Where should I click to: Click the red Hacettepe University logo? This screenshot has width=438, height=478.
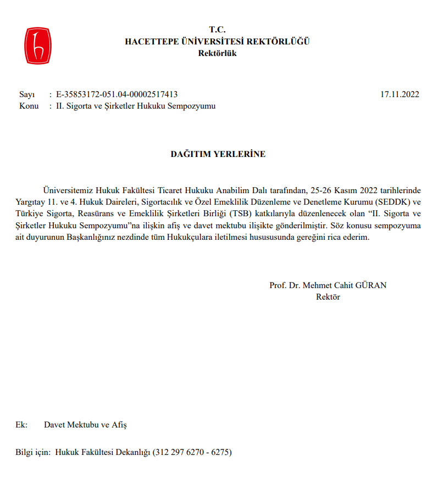(x=37, y=44)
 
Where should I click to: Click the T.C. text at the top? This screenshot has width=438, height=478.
(x=218, y=30)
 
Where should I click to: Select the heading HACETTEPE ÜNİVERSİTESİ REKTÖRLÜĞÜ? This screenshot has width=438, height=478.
(x=218, y=41)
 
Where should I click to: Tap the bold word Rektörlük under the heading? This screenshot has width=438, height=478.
(x=218, y=53)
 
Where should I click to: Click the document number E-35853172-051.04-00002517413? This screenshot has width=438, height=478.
(x=117, y=94)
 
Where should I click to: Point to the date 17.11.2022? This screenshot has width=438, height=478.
(x=400, y=94)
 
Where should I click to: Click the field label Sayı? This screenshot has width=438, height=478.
(x=27, y=94)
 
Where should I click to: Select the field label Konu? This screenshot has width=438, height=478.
(x=29, y=106)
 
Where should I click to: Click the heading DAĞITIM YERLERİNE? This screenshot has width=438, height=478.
(x=218, y=154)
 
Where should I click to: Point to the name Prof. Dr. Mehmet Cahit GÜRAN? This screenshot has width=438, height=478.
(x=328, y=285)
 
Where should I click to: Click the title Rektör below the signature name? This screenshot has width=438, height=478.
(x=328, y=297)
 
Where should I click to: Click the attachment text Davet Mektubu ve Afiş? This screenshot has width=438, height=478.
(x=85, y=425)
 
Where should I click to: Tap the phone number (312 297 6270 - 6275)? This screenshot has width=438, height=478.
(x=192, y=453)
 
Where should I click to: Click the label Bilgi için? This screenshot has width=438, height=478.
(x=34, y=453)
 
